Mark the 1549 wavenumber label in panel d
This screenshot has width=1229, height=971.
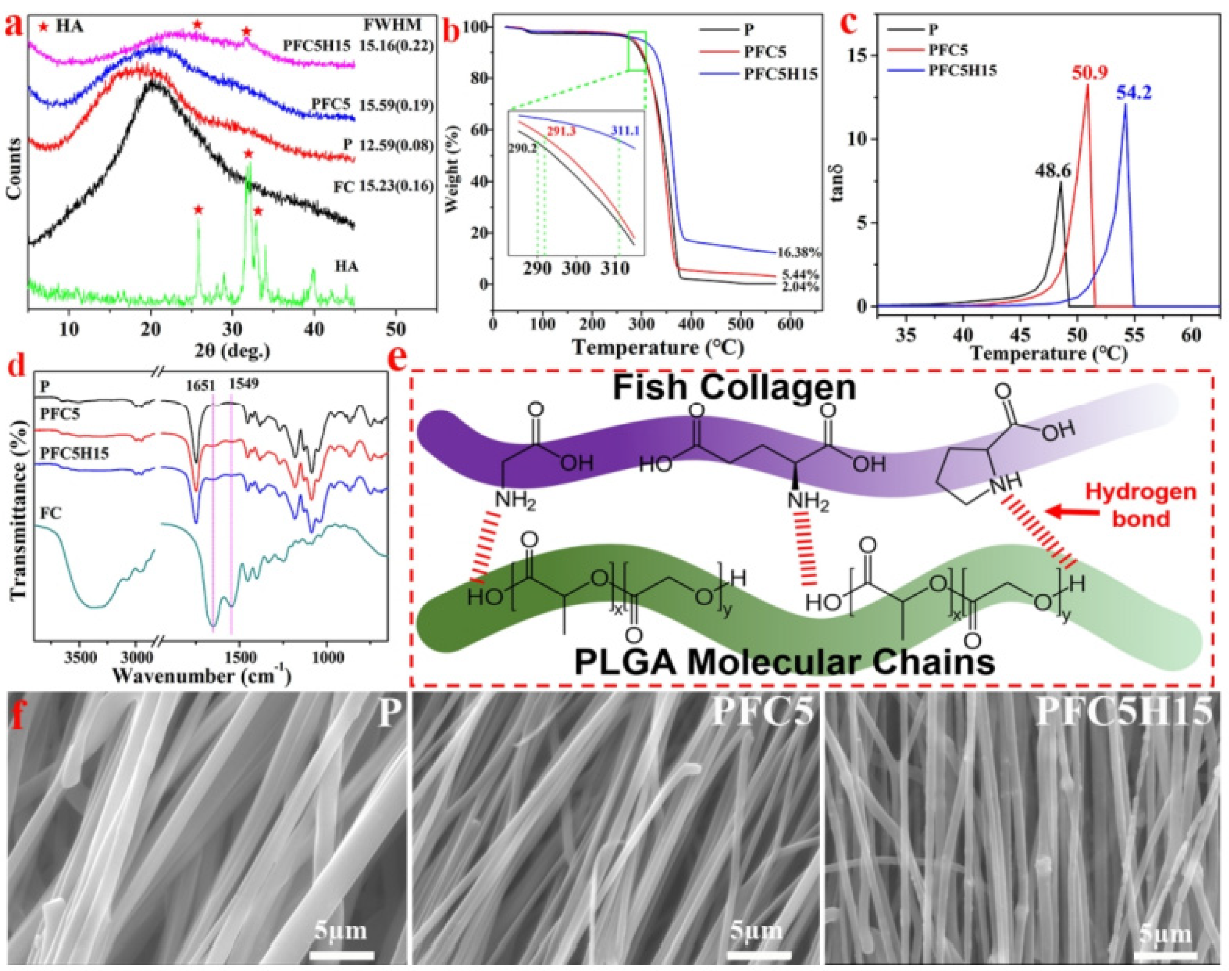coord(244,384)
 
